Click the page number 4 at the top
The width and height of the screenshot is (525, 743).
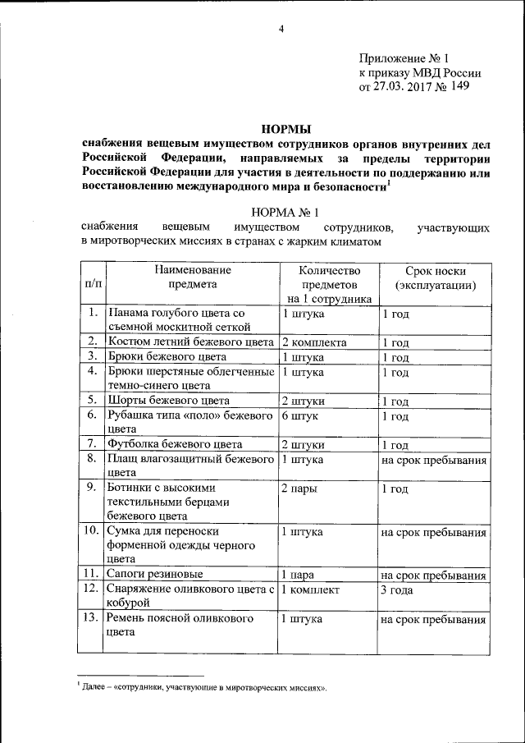pos(281,30)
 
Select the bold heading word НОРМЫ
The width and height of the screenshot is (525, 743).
pos(286,128)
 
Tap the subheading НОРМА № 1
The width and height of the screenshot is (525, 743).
pos(285,211)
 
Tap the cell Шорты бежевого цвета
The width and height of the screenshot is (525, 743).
pos(169,401)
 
